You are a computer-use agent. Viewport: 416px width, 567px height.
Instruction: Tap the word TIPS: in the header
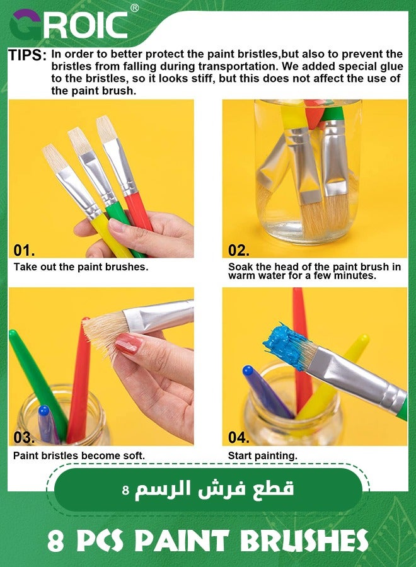(27, 55)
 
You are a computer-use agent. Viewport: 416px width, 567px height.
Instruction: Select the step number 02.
(239, 250)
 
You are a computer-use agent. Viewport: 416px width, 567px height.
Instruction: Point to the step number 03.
(25, 437)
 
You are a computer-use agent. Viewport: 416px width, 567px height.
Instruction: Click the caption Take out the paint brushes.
(81, 266)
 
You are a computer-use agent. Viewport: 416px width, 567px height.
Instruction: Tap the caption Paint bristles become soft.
(79, 455)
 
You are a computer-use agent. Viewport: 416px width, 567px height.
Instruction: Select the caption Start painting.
(262, 455)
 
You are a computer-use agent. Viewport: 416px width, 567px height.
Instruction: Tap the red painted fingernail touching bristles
(128, 344)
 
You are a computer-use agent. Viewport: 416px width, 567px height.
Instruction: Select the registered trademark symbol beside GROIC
(134, 8)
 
